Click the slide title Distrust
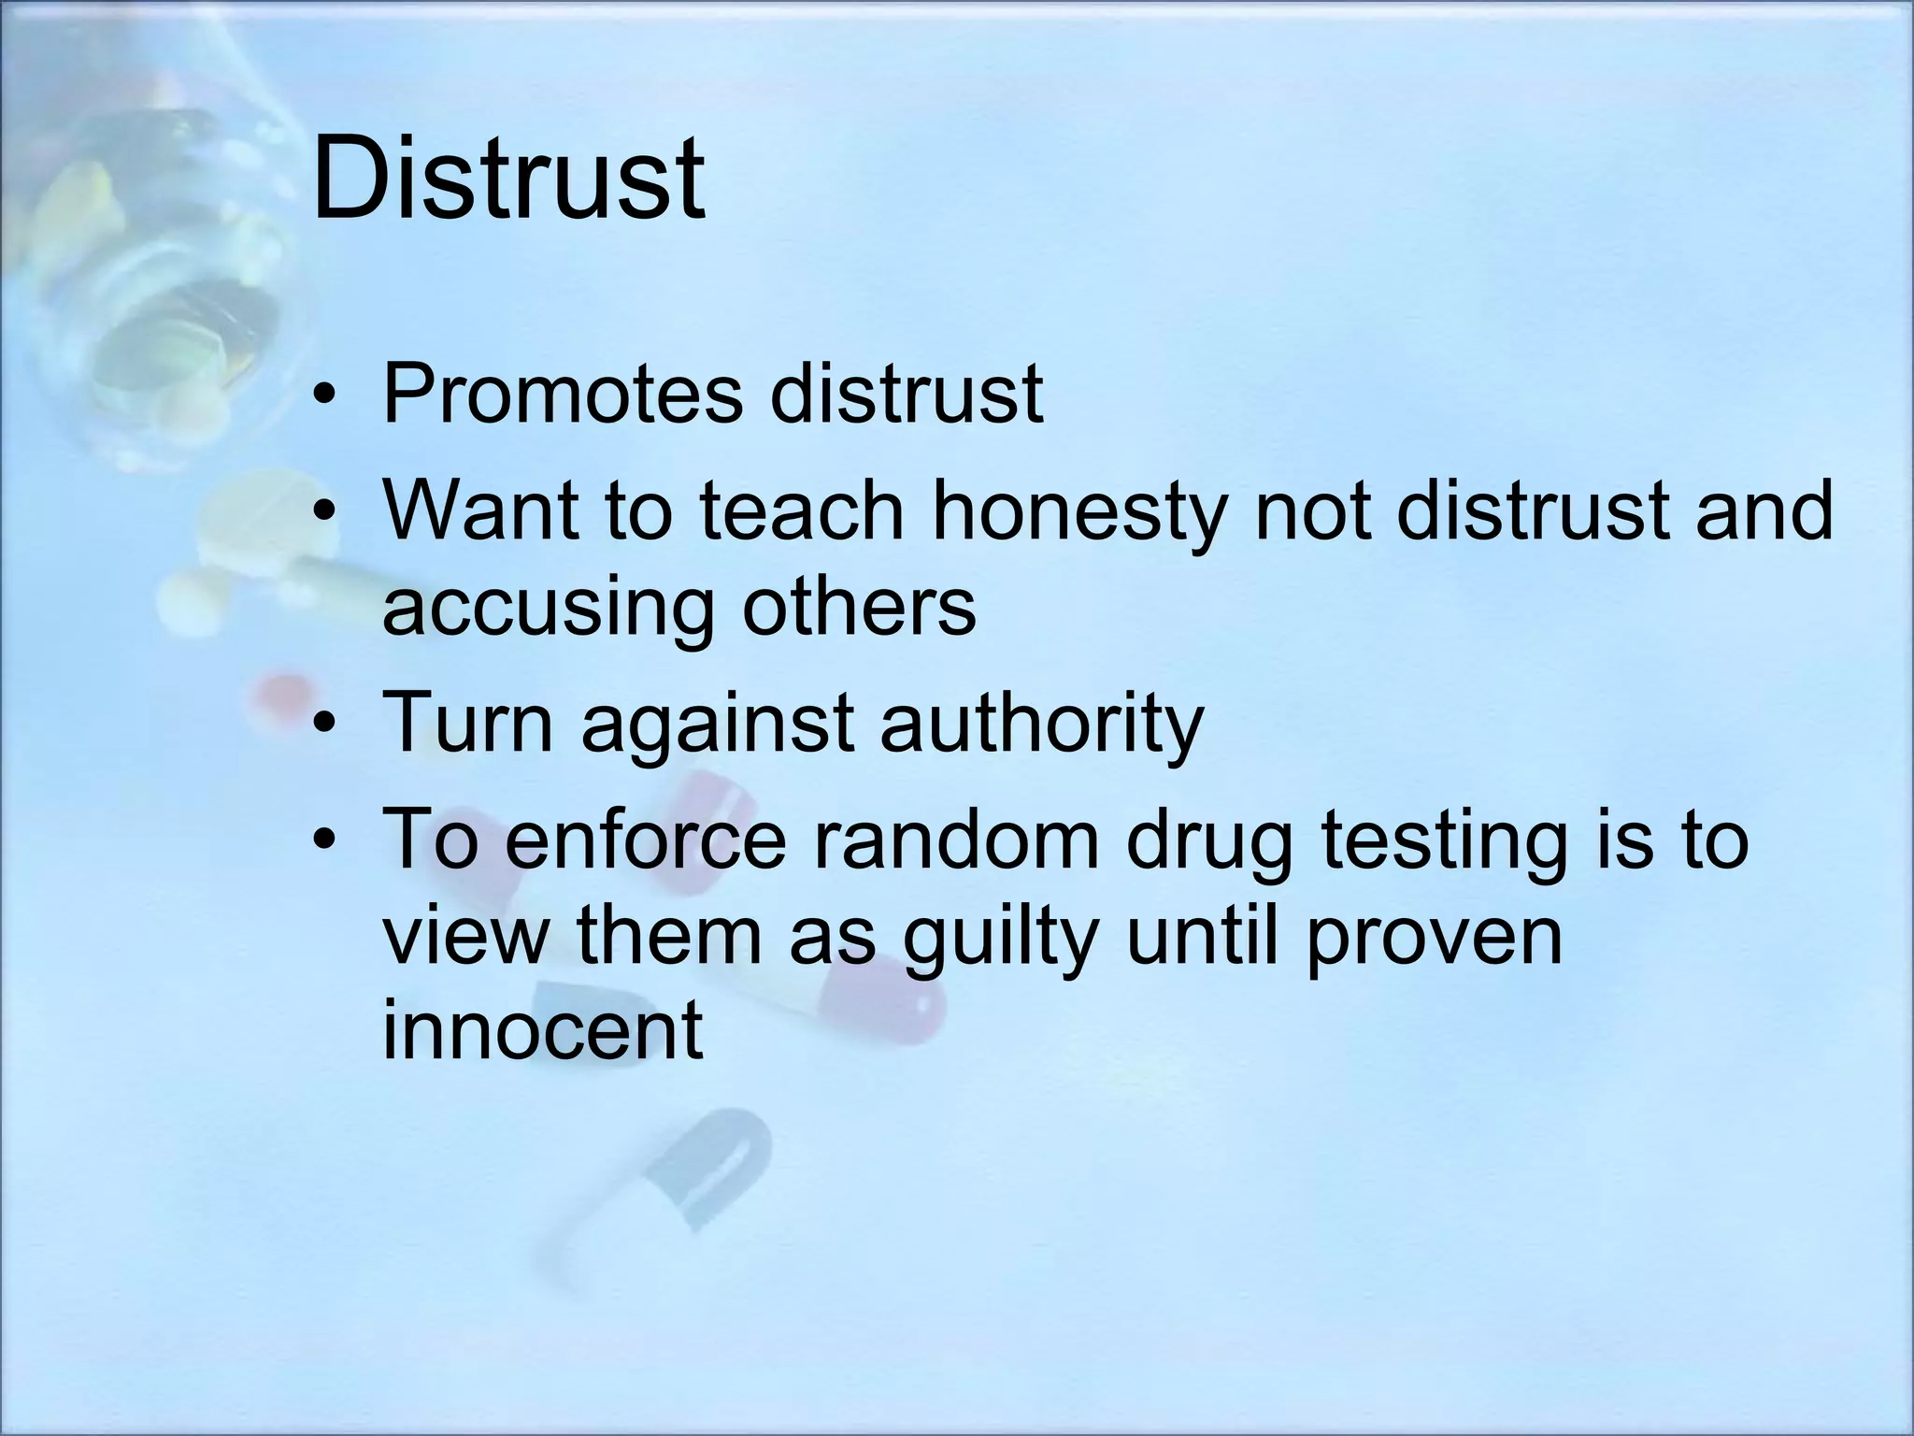[508, 178]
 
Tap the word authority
[1041, 725]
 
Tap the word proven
[1434, 939]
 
